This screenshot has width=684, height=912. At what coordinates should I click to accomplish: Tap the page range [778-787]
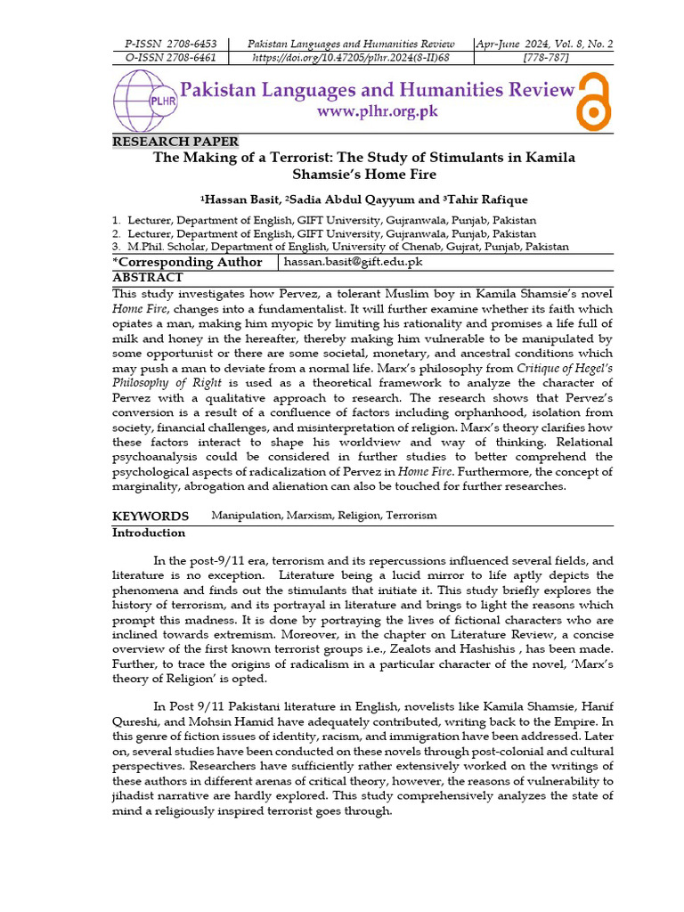545,58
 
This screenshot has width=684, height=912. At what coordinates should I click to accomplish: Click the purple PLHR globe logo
142,101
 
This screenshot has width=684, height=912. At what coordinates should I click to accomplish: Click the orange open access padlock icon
592,100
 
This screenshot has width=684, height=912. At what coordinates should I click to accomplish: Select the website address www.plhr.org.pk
378,112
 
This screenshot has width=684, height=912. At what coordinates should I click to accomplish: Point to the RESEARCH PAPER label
175,142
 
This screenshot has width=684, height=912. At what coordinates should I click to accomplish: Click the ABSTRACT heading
148,277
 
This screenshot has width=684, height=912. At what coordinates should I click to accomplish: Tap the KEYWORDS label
150,516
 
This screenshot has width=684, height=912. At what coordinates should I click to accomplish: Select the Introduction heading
149,533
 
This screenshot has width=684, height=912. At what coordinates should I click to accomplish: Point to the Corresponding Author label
188,262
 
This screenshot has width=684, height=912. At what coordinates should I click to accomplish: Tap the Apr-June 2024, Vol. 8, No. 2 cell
545,44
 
